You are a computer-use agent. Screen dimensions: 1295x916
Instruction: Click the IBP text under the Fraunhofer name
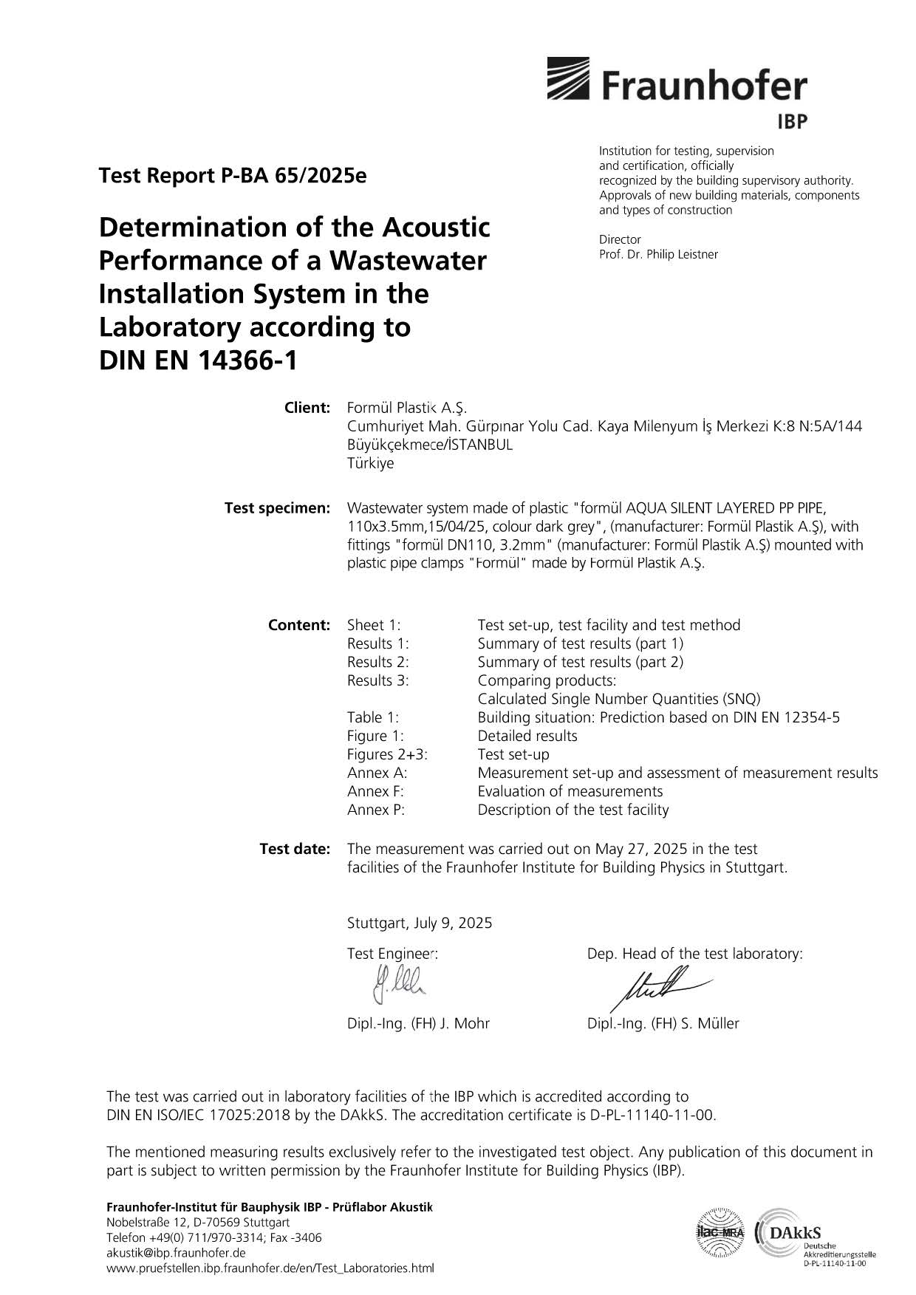pos(792,121)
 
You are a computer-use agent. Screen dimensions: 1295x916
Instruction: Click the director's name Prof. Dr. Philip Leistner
pos(658,254)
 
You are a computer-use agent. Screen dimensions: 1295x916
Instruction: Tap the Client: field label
pos(307,408)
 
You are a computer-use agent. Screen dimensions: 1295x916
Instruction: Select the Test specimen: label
pos(277,508)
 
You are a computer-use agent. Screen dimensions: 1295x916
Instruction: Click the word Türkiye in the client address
pos(370,464)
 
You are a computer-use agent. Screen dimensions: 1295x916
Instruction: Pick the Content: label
pos(298,625)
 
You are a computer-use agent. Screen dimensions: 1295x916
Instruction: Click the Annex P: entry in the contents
pos(376,810)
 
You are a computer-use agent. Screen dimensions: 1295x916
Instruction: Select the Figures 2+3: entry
pos(387,754)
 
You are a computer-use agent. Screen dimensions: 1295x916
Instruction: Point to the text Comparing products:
pos(547,680)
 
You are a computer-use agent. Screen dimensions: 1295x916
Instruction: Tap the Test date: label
pos(294,849)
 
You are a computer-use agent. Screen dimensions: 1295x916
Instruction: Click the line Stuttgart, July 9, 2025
pos(419,923)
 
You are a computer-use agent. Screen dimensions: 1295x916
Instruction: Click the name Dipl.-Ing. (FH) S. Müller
pos(663,1023)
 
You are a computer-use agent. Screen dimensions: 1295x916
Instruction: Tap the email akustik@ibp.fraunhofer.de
pos(176,1253)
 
